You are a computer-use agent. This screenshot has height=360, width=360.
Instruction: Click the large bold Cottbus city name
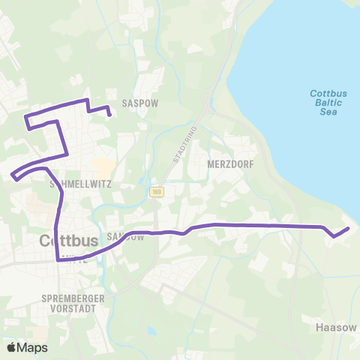pos(68,242)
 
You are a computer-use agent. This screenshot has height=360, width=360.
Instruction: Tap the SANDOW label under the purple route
pos(125,236)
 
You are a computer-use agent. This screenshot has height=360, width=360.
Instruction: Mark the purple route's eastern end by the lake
pos(349,229)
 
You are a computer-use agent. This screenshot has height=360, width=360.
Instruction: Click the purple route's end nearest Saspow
pos(110,115)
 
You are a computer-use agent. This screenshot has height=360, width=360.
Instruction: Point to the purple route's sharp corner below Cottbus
pos(58,260)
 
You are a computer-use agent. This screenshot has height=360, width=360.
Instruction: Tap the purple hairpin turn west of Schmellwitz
pos(14,176)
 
